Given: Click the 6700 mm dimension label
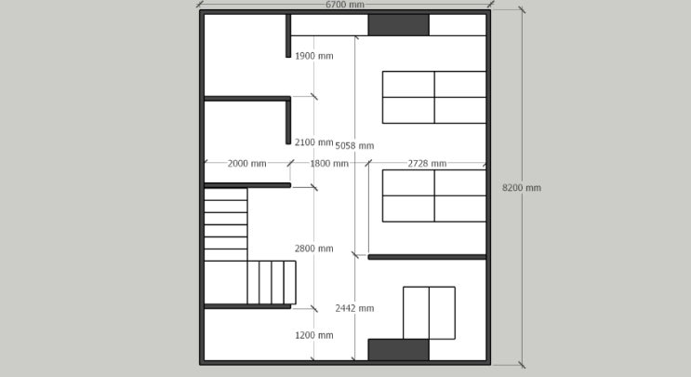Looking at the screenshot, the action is click(x=345, y=5).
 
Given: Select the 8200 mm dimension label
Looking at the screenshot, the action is click(x=522, y=188).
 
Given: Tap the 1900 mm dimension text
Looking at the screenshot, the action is click(x=313, y=56).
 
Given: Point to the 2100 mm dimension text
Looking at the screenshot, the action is click(x=313, y=142).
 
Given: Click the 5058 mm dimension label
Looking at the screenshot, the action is click(x=354, y=146).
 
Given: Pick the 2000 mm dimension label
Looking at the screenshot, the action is click(x=246, y=164).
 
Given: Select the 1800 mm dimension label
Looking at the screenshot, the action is click(x=329, y=164).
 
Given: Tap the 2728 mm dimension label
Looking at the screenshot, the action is click(x=427, y=164).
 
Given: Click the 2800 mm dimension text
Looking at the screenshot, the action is click(x=313, y=249).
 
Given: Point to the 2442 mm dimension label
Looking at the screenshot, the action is click(x=354, y=309).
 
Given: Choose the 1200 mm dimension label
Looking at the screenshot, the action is click(x=313, y=335).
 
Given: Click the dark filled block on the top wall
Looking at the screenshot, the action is click(x=398, y=25).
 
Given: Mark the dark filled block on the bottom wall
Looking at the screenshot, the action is click(x=398, y=350).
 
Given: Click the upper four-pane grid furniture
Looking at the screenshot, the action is click(x=434, y=98).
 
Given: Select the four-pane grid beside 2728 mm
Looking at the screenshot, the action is click(x=434, y=195).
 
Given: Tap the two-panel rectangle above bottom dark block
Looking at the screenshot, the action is click(x=430, y=313).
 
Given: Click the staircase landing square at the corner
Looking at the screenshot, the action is click(x=226, y=282).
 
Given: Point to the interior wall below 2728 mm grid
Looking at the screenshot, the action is click(x=427, y=257).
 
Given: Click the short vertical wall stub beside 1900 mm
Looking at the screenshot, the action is click(x=288, y=35).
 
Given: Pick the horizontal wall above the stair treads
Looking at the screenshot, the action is click(x=247, y=185).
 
